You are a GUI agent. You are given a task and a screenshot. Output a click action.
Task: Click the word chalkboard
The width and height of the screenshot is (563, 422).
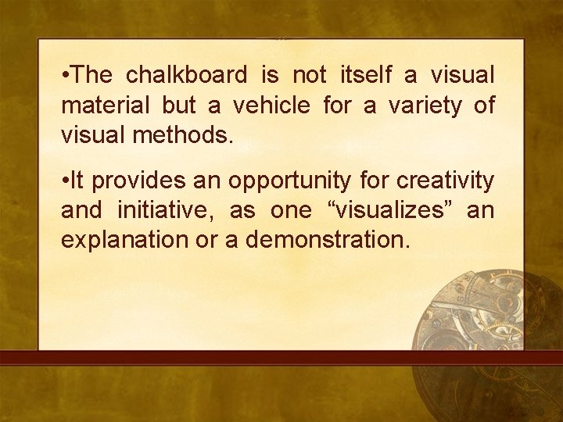click(x=186, y=75)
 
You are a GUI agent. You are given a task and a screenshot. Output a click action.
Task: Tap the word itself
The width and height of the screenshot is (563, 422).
click(x=365, y=75)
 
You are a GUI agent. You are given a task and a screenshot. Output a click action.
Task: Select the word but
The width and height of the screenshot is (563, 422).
click(x=179, y=105)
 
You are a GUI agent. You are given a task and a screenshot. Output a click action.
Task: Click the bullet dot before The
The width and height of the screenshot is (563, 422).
click(x=65, y=76)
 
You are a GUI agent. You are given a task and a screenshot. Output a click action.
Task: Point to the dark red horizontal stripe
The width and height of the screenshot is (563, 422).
click(x=281, y=359)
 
